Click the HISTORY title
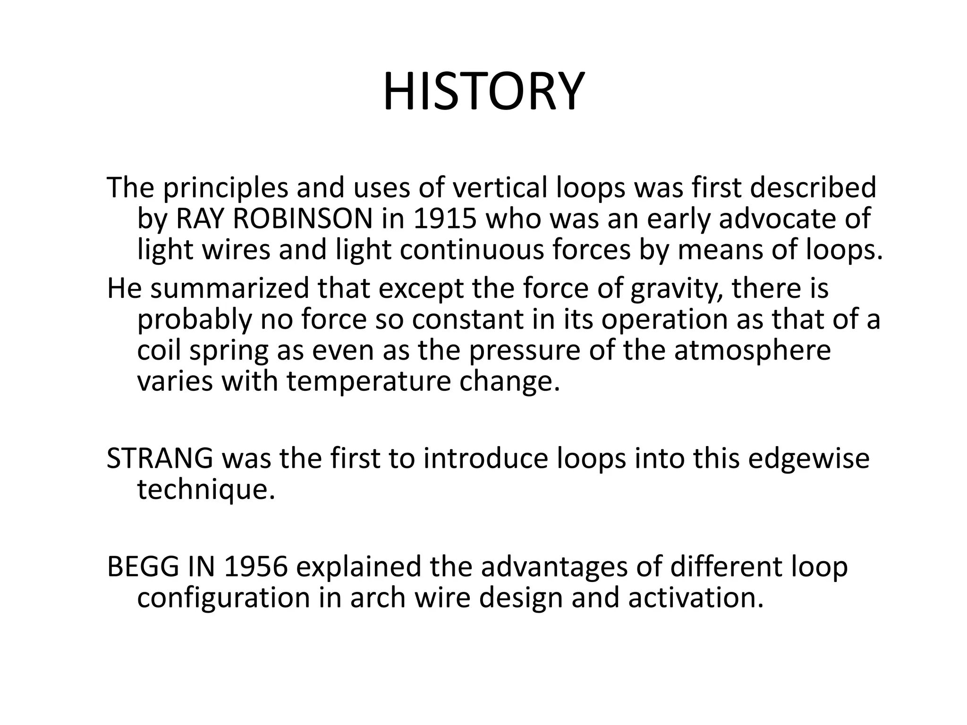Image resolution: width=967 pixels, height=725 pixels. tap(483, 92)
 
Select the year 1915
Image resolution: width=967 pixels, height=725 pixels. tap(444, 219)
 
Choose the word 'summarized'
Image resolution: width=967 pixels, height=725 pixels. tap(229, 288)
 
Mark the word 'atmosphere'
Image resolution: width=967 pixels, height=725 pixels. tap(752, 351)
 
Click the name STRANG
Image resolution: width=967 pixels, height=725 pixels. tap(160, 459)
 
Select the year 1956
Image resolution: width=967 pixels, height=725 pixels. tap(255, 567)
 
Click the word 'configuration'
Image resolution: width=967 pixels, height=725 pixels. tap(223, 598)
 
